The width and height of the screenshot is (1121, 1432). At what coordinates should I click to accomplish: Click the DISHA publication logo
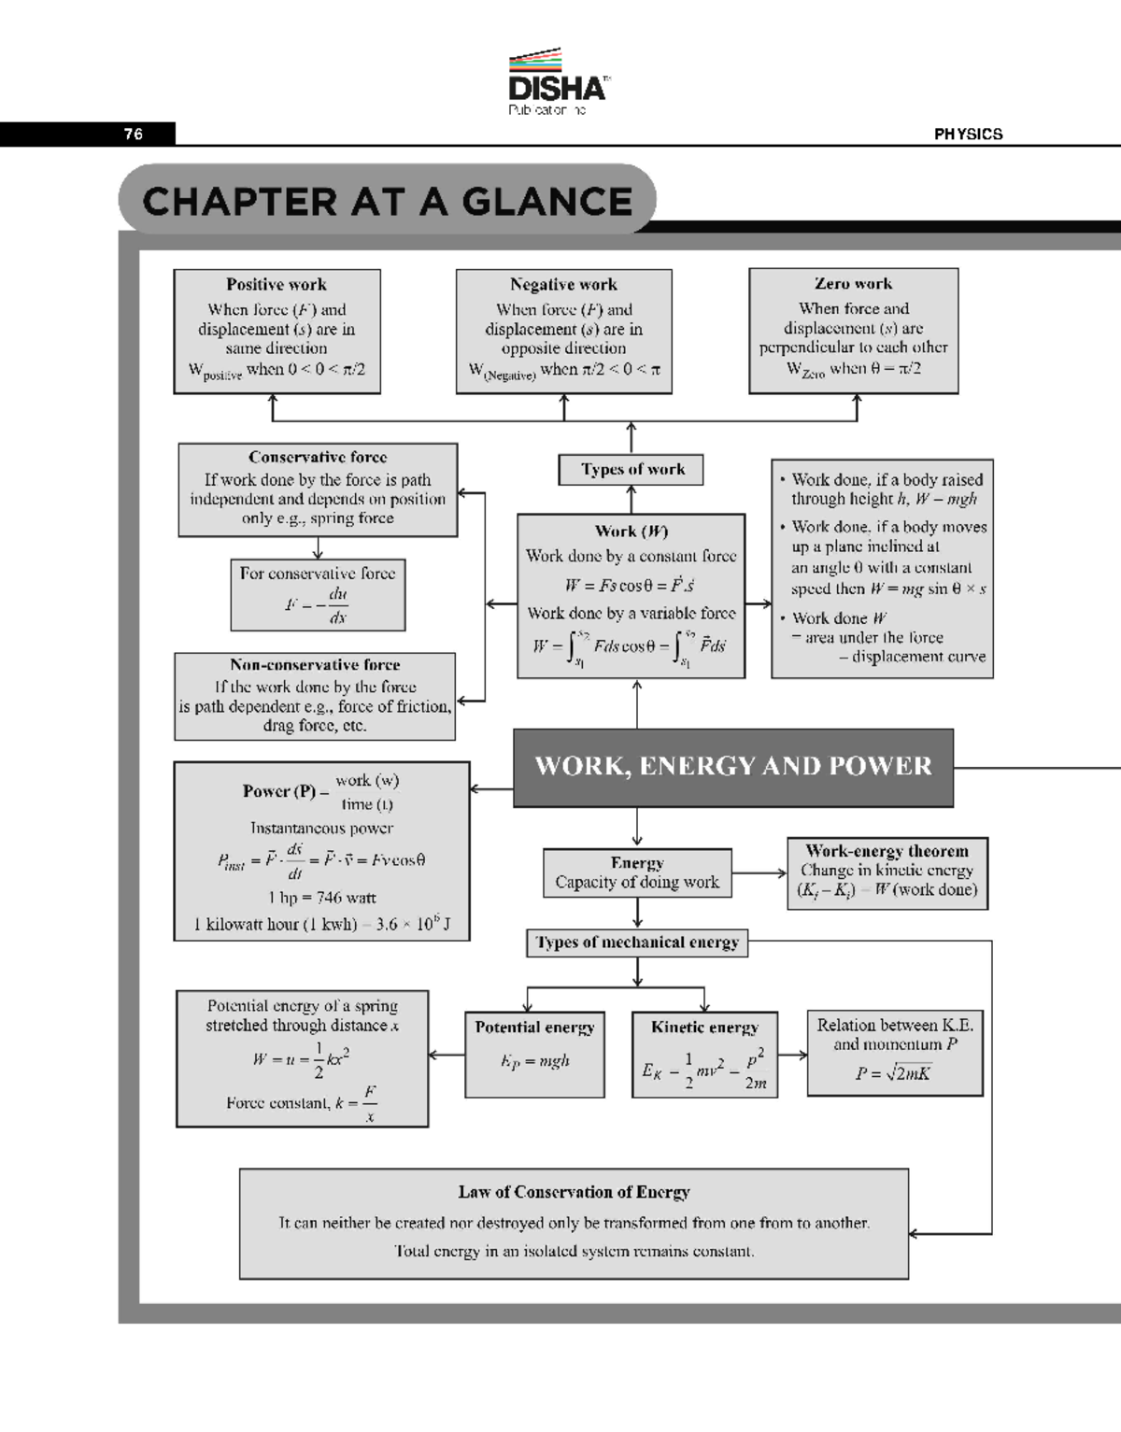point(557,83)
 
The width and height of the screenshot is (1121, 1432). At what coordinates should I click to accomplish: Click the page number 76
point(134,135)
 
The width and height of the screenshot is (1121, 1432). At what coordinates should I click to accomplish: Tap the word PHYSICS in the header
point(968,135)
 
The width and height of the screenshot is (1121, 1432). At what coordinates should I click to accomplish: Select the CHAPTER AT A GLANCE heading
point(388,202)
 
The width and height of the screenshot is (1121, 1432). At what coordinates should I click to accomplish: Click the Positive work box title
point(277,285)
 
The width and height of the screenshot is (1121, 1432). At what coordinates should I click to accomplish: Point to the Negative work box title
point(563,285)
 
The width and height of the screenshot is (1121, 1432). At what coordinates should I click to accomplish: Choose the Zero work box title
point(853,284)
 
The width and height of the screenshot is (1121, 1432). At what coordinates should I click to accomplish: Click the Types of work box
point(631,470)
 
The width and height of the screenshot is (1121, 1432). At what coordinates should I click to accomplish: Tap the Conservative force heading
point(318,458)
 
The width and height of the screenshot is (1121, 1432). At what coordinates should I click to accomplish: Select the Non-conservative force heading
point(315,665)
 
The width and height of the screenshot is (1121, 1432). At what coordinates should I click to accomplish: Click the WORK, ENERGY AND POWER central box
point(733,767)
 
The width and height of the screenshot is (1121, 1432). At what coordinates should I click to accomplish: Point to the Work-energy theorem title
point(887,851)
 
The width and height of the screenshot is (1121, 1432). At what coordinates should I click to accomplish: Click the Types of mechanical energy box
point(637,943)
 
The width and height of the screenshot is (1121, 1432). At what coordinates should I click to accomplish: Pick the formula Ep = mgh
point(534,1061)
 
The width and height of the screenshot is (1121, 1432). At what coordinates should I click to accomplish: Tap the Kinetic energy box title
point(704,1028)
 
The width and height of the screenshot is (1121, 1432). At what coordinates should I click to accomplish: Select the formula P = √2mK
point(893,1073)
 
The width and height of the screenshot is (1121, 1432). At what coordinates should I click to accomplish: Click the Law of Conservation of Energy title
point(574,1192)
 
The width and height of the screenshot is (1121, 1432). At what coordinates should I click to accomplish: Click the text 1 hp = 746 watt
point(321,898)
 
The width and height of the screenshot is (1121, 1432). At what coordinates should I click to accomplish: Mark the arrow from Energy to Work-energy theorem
point(759,873)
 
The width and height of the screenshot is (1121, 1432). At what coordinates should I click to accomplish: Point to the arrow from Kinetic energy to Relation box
point(792,1056)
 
